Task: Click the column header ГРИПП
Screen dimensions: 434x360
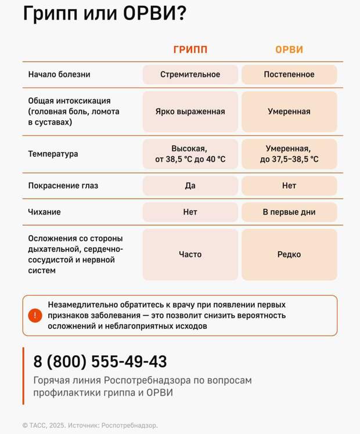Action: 190,50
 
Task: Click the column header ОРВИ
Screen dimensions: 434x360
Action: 289,50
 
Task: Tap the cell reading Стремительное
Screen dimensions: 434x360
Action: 190,74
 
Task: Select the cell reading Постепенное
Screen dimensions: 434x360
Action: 289,74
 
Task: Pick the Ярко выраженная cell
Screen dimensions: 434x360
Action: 190,111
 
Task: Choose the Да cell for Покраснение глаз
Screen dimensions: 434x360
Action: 190,186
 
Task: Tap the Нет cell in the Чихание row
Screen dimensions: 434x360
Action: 190,212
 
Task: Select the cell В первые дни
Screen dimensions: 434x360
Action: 289,212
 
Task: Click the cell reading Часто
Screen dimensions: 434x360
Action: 190,254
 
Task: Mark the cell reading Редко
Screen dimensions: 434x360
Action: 289,254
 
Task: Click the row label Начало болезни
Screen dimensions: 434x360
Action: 59,74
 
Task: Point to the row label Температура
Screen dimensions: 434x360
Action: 53,154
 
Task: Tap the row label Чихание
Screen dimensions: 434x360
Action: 44,212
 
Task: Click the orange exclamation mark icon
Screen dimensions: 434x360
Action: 35,316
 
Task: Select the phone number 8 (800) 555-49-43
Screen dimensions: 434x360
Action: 100,362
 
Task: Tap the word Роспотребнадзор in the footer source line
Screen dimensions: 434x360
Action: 130,425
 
